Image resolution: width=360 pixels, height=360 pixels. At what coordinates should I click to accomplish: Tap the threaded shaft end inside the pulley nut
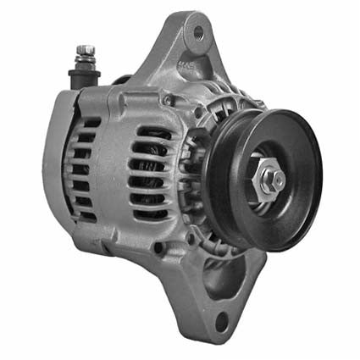click(x=278, y=179)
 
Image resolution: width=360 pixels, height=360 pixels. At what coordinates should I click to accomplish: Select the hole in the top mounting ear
click(x=197, y=33)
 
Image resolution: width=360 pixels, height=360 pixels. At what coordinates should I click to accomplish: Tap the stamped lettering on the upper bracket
click(x=184, y=65)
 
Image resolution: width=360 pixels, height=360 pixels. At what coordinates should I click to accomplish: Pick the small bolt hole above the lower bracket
click(x=158, y=247)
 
